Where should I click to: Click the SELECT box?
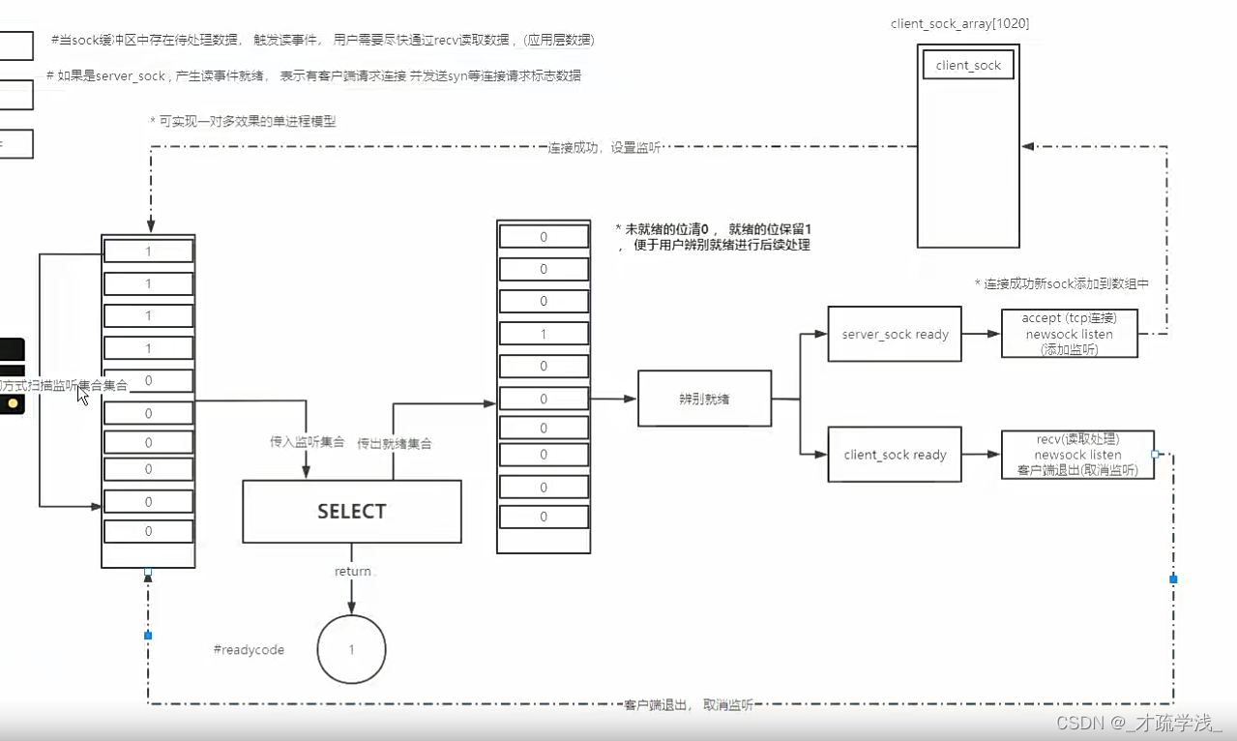(x=351, y=511)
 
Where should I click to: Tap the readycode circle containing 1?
(x=351, y=650)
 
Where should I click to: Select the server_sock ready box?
(x=895, y=334)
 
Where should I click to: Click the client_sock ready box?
(x=895, y=455)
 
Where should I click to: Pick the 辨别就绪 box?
(x=704, y=398)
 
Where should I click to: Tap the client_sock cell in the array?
(x=968, y=66)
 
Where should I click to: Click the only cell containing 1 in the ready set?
(x=544, y=334)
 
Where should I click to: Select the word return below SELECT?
(x=353, y=571)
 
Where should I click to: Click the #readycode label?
(x=249, y=650)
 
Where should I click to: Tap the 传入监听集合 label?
(x=307, y=442)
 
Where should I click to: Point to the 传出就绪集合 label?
(x=395, y=443)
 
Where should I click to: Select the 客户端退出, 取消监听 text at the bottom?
(x=688, y=705)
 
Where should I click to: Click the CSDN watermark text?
(x=1138, y=723)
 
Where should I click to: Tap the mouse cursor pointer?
(x=83, y=395)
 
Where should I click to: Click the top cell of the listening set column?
(x=148, y=251)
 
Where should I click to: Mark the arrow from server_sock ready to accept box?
(x=981, y=334)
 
